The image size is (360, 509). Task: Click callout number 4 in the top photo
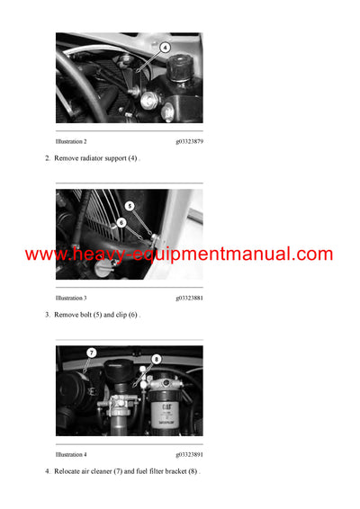click(165, 47)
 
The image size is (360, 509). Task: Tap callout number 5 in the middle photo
click(130, 206)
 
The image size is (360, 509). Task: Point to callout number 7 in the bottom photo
click(91, 353)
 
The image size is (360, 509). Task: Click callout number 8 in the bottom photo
click(156, 359)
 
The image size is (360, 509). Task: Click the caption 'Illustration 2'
click(71, 141)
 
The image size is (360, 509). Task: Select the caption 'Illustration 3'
click(71, 298)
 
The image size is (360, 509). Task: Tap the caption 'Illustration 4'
click(71, 454)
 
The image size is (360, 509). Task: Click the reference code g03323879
click(189, 141)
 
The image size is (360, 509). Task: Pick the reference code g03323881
click(189, 298)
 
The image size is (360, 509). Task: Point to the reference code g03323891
click(189, 454)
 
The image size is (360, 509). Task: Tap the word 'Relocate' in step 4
click(70, 471)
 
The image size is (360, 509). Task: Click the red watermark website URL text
click(179, 254)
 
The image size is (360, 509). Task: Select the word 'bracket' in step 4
click(177, 471)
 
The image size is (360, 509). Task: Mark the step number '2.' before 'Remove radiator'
click(48, 158)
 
